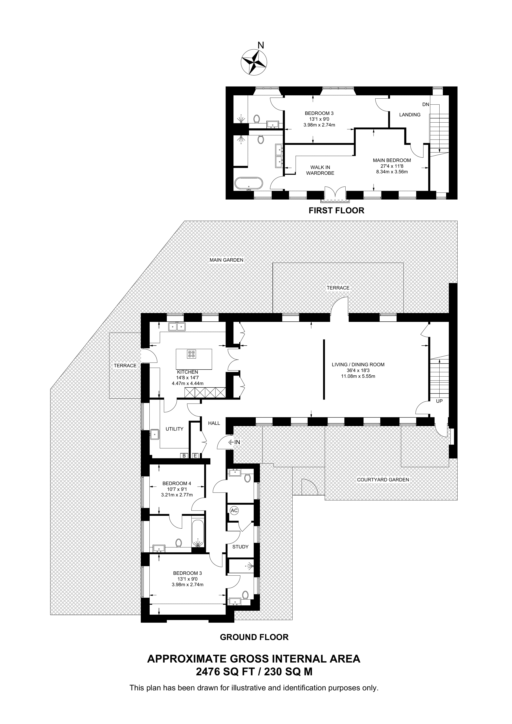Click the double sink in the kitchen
tap(177, 327)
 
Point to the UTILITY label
tap(175, 429)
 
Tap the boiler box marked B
tap(184, 456)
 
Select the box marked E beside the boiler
tap(195, 456)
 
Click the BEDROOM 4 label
tap(177, 483)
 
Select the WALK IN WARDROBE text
tap(320, 170)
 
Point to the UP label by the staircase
tap(439, 401)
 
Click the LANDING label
tap(410, 115)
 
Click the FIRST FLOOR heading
tap(336, 210)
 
